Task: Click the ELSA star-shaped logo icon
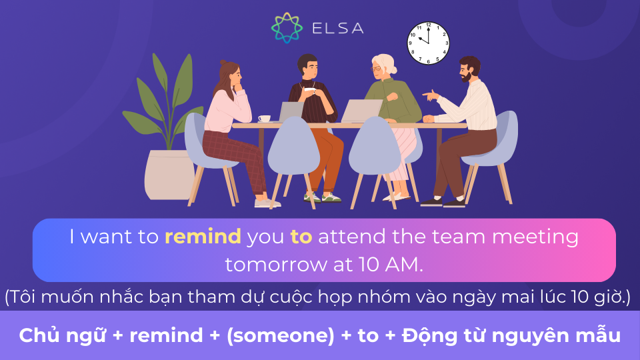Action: pos(287,28)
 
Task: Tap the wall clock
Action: pos(428,43)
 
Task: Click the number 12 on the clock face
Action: pos(428,25)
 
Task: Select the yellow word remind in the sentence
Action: pos(203,237)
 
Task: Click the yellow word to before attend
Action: pos(301,237)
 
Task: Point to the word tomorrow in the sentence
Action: pos(277,265)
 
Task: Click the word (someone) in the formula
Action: pos(281,335)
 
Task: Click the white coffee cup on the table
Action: pos(265,119)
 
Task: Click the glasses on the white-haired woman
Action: pos(376,69)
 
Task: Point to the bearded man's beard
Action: pos(466,76)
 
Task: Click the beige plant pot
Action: pos(168,175)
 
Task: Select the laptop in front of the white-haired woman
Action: pos(361,111)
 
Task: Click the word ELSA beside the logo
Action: pos(337,28)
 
